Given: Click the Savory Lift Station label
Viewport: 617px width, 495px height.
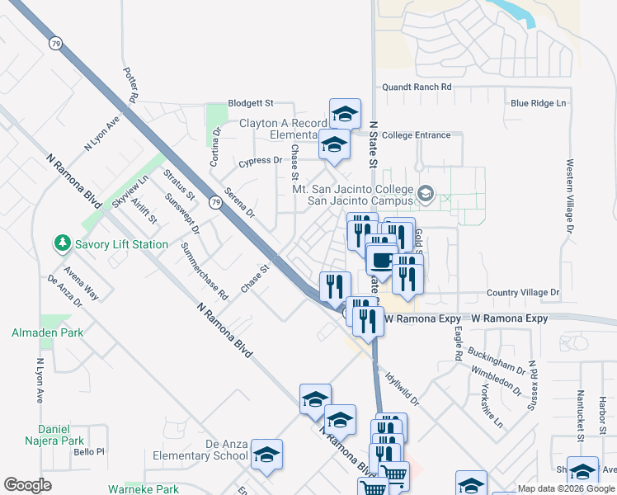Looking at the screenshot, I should (121, 244).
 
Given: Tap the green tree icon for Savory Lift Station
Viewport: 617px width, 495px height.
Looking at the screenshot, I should (61, 243).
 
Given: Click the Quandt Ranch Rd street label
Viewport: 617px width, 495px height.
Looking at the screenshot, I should (417, 87).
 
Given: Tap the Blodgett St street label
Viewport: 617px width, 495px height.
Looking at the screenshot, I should (250, 103).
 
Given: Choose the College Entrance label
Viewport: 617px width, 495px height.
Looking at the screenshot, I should (417, 135).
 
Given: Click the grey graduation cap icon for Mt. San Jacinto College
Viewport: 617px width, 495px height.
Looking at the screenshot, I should (426, 195).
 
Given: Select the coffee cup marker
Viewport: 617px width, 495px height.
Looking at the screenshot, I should (380, 260).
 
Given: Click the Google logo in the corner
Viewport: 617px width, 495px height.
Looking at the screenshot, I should (27, 485).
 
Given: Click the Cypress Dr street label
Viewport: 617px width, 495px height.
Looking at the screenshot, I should (260, 161).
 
